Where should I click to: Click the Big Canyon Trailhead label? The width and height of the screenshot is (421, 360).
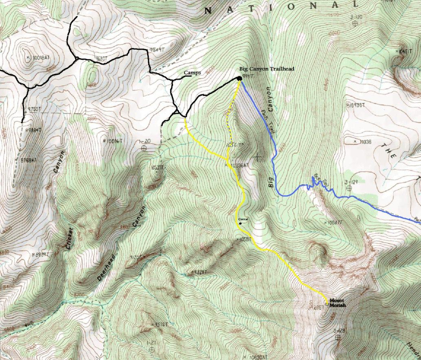(x=266, y=69)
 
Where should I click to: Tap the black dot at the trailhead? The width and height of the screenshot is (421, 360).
(x=239, y=79)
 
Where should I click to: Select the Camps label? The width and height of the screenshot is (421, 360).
(x=192, y=73)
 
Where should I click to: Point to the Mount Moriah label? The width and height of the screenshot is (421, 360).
(x=337, y=303)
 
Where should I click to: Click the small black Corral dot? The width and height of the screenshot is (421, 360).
(x=241, y=223)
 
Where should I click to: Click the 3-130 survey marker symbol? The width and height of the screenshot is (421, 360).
(x=355, y=24)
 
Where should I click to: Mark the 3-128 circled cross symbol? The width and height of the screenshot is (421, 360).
(x=338, y=337)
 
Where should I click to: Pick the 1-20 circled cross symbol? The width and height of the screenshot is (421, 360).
(x=144, y=148)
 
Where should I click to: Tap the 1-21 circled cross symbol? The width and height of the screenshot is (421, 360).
(x=151, y=349)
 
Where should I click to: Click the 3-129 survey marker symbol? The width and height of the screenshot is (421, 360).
(x=349, y=188)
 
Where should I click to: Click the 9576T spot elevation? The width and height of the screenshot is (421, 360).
(x=160, y=324)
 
